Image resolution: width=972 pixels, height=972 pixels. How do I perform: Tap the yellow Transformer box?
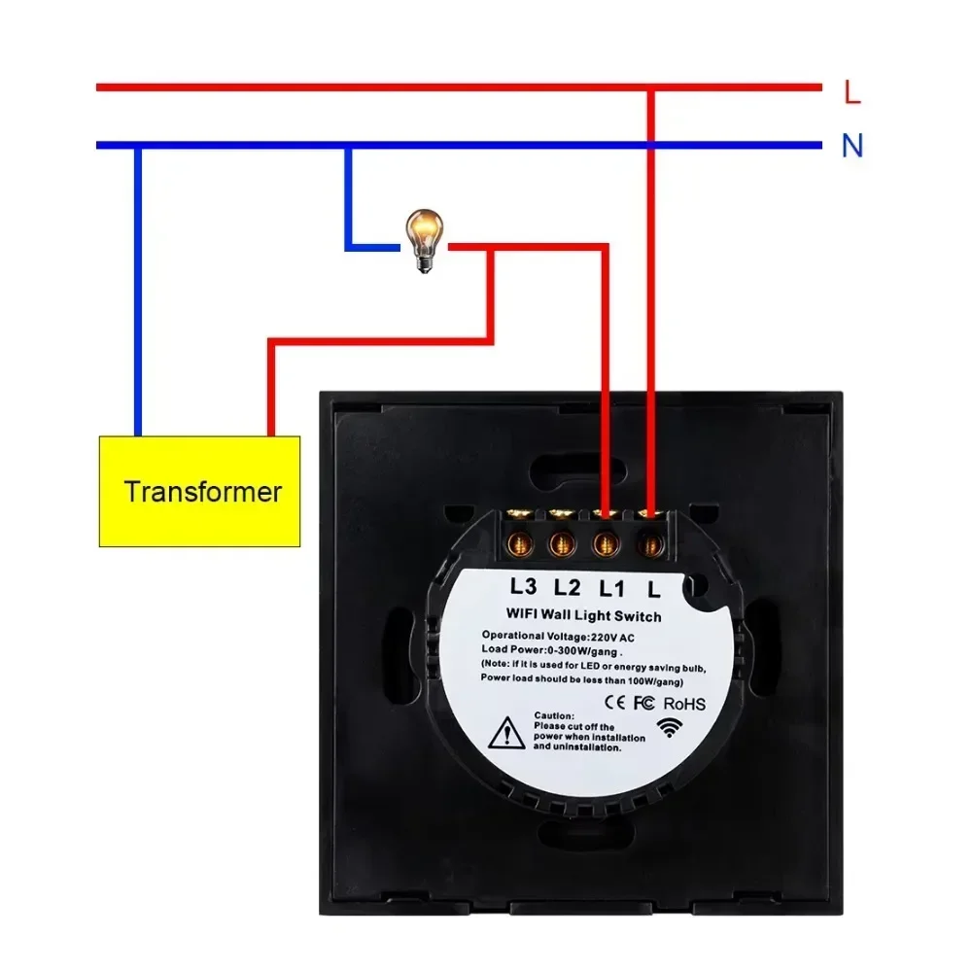(200, 491)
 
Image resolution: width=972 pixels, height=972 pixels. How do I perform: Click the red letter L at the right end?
(852, 93)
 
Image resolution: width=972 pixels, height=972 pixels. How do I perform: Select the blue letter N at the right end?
(852, 146)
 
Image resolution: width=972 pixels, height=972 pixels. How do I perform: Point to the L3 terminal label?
(523, 586)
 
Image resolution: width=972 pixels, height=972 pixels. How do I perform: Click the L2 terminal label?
(568, 586)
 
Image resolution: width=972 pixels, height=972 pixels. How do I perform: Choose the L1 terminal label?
(611, 586)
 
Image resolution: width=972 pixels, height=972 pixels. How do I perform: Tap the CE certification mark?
(614, 702)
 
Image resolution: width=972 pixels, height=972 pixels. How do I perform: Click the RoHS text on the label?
(684, 703)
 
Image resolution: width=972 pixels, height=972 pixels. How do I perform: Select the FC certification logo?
(644, 702)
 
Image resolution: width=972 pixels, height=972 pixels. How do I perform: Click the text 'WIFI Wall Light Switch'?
(583, 615)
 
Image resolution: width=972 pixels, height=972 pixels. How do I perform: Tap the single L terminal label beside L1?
(653, 586)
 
